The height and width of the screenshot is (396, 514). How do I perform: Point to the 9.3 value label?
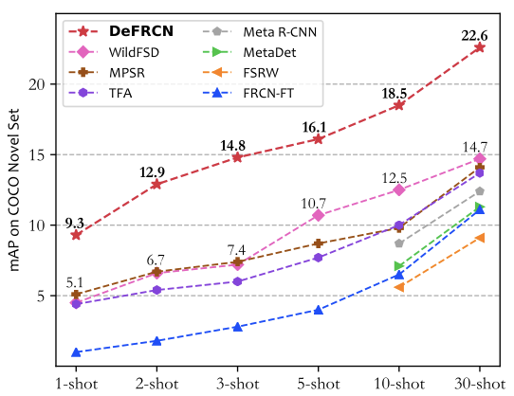[75, 223]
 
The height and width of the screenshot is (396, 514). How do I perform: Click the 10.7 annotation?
[314, 203]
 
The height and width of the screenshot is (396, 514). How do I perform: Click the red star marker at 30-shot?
[480, 47]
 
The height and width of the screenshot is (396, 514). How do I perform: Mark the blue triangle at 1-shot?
[75, 352]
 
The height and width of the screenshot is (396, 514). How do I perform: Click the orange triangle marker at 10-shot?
[399, 286]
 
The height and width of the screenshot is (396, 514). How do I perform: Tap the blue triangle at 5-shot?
[319, 310]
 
